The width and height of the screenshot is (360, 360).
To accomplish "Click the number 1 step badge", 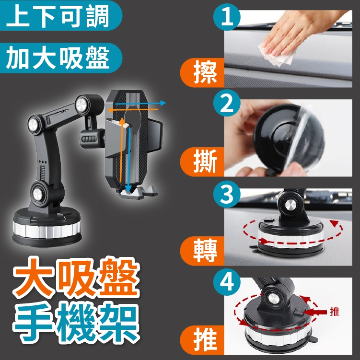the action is (x=227, y=17).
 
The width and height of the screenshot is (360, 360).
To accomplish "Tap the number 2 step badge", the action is (x=227, y=103).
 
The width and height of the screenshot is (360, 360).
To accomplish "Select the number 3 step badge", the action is (x=227, y=193).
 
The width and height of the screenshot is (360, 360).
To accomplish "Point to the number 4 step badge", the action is (x=227, y=282).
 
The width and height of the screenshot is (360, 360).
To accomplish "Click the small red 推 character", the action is (x=335, y=311).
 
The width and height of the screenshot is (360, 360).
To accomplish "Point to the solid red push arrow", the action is (x=315, y=312).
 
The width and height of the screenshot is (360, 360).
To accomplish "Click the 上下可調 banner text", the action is (x=58, y=16).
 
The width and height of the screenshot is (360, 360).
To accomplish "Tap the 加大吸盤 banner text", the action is (x=58, y=58).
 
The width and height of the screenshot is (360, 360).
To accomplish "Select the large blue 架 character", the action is (x=119, y=322).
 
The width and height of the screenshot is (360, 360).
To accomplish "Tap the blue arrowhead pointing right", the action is (x=163, y=103).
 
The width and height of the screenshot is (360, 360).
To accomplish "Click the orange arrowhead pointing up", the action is (x=122, y=122).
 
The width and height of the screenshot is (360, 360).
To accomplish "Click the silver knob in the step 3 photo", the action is (x=290, y=205).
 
